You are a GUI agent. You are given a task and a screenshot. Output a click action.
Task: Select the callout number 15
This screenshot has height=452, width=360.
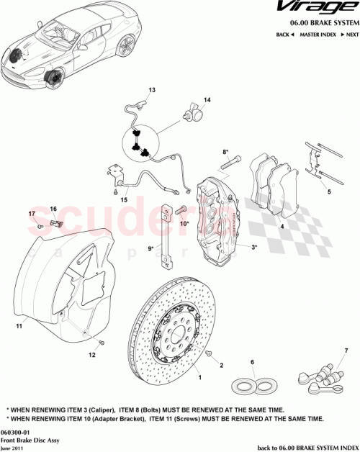point(124,200)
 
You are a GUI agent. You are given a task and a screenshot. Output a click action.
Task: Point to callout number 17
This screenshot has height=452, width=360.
point(32,214)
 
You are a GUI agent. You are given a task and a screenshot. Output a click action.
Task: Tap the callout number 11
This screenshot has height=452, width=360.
point(19,327)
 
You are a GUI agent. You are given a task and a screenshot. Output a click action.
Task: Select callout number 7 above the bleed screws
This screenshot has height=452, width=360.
point(325,351)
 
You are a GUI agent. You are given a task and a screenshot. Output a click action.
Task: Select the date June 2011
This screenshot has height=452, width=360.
point(14,448)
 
